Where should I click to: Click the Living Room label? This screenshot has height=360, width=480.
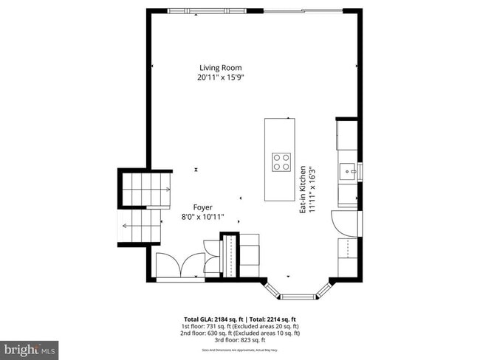(220, 67)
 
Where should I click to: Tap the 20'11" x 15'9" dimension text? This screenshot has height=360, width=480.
(220, 77)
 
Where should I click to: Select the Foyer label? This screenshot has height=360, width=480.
(203, 208)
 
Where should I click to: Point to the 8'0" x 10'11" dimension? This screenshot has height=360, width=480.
(203, 218)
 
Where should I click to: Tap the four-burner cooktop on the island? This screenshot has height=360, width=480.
(281, 162)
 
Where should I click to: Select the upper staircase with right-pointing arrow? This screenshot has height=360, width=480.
(145, 189)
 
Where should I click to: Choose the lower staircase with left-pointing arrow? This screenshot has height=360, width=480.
(140, 226)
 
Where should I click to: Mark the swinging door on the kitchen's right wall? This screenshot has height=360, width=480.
(346, 221)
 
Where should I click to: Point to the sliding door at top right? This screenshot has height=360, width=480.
(303, 11)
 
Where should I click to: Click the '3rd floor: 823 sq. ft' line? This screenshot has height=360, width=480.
(240, 340)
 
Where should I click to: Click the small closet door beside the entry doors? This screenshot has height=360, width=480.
(213, 251)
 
